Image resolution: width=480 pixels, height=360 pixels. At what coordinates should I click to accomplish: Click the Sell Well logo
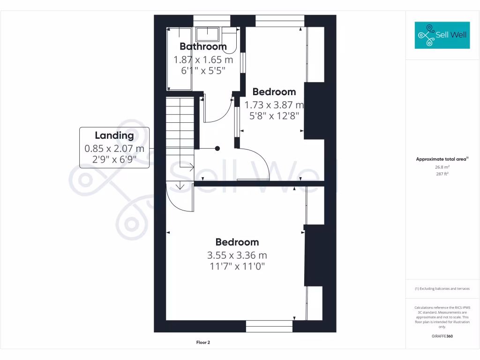click(x=442, y=35)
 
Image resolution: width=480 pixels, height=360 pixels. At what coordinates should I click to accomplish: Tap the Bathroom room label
click(x=203, y=46)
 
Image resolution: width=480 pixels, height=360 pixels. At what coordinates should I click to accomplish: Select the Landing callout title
click(x=114, y=135)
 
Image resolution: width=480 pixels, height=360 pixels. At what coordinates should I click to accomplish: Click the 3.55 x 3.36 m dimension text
click(x=237, y=255)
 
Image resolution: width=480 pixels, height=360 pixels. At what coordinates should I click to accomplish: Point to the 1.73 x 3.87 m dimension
click(x=274, y=105)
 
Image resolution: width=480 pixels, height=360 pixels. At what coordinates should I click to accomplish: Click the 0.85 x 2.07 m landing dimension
click(x=114, y=149)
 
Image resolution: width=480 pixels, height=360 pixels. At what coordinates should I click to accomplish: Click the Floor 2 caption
click(x=203, y=343)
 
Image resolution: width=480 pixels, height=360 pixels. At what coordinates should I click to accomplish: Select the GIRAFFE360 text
click(x=442, y=336)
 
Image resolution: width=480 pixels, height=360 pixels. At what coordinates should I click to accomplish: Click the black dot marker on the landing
click(x=217, y=149)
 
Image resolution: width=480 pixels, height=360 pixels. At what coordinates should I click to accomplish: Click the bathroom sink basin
click(x=207, y=34)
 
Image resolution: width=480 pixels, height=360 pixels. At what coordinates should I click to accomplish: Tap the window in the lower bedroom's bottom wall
click(x=269, y=326)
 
